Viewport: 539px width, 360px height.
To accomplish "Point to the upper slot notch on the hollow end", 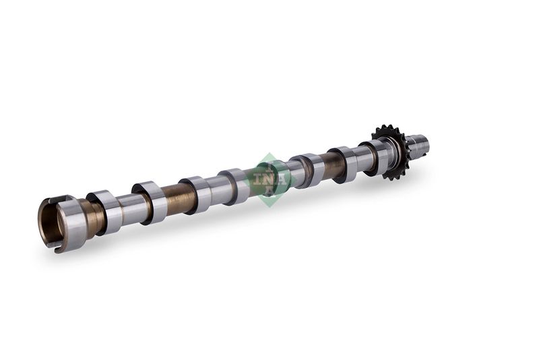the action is coord(53,200).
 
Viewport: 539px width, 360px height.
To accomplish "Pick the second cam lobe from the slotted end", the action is coord(151,202).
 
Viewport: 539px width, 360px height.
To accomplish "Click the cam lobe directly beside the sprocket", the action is coord(374,158).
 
